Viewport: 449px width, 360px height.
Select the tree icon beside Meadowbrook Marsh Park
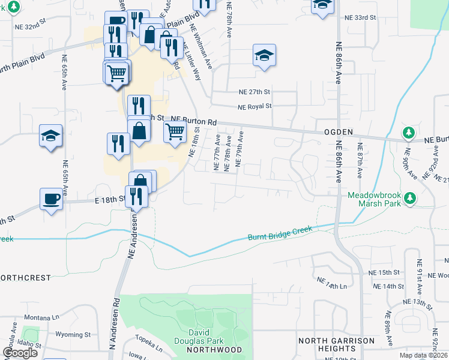coord(410,197)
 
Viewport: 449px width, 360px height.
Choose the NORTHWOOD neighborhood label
coord(214,350)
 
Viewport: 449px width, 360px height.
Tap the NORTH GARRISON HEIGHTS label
coord(336,345)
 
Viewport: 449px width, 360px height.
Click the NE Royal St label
coord(255,107)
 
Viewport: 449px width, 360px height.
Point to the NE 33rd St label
coord(360,18)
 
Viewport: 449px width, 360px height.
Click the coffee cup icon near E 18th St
coord(51,199)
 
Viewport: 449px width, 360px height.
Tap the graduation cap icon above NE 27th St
coord(264,56)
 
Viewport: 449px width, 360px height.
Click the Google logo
coord(20,353)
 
